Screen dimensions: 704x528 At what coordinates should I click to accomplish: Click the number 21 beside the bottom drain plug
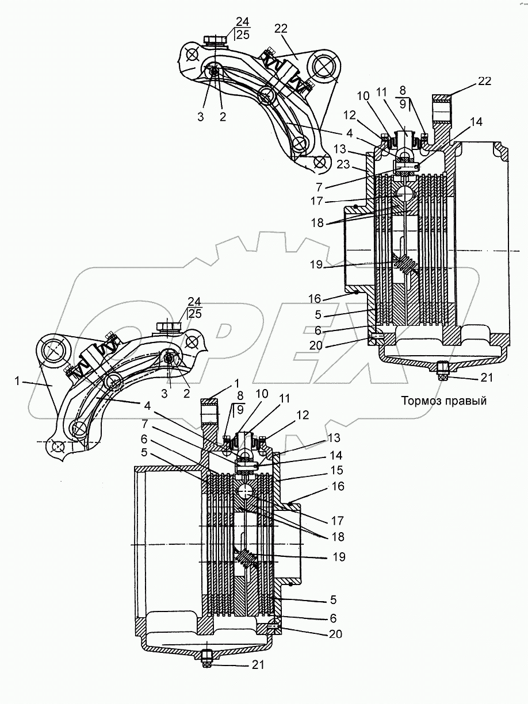coord(258,665)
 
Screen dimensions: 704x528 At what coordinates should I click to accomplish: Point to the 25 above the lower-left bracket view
coord(195,313)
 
